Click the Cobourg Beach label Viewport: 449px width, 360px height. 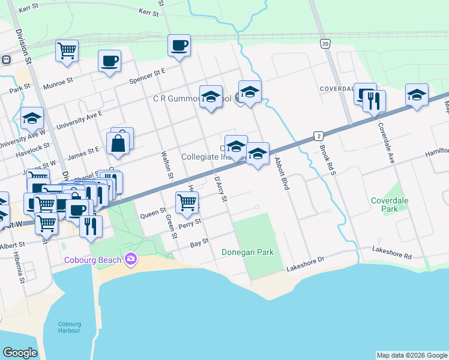pos(93,259)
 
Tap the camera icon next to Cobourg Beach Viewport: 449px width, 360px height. pos(130,259)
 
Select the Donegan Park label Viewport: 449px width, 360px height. pos(248,252)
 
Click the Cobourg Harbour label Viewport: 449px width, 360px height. pos(70,328)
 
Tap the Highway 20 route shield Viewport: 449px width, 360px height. pos(325,44)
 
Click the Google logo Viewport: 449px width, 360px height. pos(20,353)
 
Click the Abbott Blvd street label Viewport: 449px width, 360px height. pos(282,174)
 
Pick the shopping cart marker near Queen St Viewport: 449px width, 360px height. pos(187,203)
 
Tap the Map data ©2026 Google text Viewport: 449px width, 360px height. pos(411,355)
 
